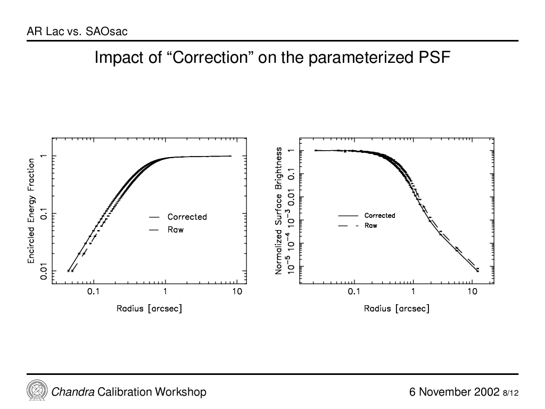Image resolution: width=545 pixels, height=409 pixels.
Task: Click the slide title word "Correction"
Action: coord(211,58)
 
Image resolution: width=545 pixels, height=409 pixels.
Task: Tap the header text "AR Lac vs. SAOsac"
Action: coord(77,31)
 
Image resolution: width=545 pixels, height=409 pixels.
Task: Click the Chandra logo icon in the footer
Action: coord(37,390)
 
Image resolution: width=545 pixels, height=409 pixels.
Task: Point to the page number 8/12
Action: coord(510,393)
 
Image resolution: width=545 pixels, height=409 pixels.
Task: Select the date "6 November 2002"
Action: coord(455,392)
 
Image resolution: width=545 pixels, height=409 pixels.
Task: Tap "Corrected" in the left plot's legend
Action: coord(187,217)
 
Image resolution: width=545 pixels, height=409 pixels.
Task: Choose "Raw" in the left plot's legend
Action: coord(176,230)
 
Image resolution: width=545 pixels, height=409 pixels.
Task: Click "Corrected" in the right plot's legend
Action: coord(379,216)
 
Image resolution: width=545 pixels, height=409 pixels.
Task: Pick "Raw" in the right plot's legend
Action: coord(370,225)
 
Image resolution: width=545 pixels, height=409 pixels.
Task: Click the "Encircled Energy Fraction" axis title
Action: coord(31,211)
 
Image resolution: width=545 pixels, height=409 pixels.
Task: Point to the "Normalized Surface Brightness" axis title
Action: coord(278,211)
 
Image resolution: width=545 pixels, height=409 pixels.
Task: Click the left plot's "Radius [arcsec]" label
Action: coord(149,308)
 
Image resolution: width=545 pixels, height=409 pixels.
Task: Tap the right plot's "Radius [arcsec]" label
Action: coord(397,308)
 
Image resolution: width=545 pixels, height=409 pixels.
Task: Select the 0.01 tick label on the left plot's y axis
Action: coord(44,271)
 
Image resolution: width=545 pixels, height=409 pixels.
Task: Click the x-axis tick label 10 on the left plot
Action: coord(237,291)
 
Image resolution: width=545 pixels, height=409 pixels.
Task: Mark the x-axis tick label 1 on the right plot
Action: coord(413,291)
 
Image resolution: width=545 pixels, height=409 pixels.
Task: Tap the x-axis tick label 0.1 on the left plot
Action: coord(93,291)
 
